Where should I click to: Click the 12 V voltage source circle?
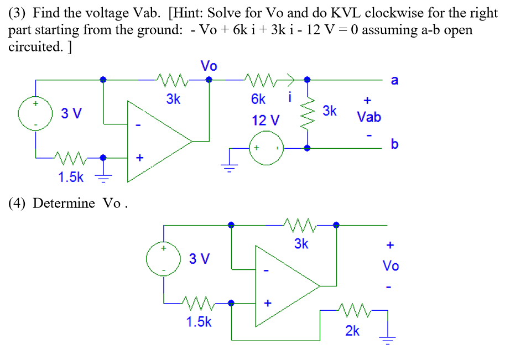pyautogui.click(x=266, y=148)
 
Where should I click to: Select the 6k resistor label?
pyautogui.click(x=258, y=100)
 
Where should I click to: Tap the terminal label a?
pyautogui.click(x=394, y=81)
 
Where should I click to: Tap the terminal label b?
pyautogui.click(x=394, y=144)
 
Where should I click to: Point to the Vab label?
pyautogui.click(x=368, y=117)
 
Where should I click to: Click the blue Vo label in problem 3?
pyautogui.click(x=209, y=66)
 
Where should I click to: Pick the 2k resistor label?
pyautogui.click(x=352, y=331)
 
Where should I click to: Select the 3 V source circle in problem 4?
pyautogui.click(x=163, y=259)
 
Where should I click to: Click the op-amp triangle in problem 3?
pyautogui.click(x=157, y=142)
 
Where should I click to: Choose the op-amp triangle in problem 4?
pyautogui.click(x=285, y=286)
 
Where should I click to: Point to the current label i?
pyautogui.click(x=289, y=99)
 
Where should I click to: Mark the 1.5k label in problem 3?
pyautogui.click(x=71, y=177)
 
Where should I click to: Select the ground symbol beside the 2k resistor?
pyautogui.click(x=388, y=338)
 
